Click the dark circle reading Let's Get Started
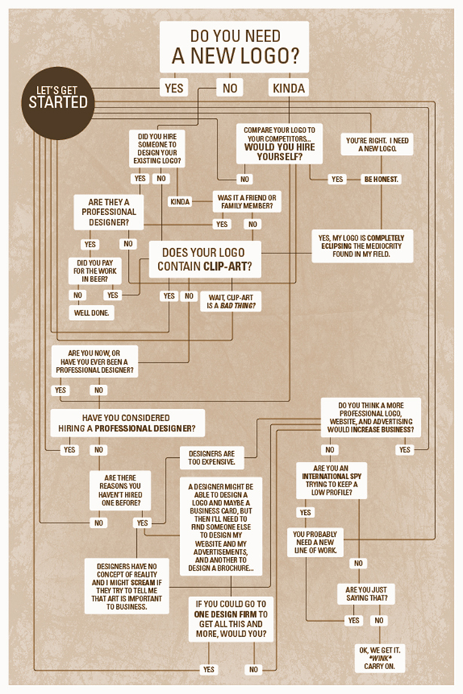tap(58, 103)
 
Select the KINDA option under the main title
tap(288, 88)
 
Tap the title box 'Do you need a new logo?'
tap(234, 47)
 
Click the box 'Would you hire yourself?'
tap(279, 144)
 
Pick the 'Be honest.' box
tap(381, 179)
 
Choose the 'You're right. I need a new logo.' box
tap(377, 144)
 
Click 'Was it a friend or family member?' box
tap(247, 202)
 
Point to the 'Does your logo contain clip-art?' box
tap(205, 259)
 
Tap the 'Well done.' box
tap(91, 313)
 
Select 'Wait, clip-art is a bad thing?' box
tap(231, 302)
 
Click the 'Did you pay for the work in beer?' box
tap(95, 271)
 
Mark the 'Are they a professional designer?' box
tap(108, 212)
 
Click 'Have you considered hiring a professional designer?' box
tap(127, 423)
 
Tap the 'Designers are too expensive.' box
tap(212, 458)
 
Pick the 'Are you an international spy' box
tap(331, 480)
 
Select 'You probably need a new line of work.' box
tap(315, 542)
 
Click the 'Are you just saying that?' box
tap(367, 594)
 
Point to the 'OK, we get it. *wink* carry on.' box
tap(379, 658)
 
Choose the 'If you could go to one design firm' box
tap(231, 619)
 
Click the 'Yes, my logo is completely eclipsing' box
tap(362, 246)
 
